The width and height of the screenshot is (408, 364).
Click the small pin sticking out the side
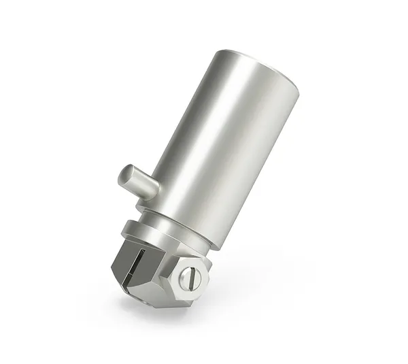(135, 181)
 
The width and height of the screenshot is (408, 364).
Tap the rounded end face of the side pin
(124, 176)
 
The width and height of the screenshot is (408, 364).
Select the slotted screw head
(190, 276)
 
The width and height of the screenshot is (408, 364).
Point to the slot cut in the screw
(191, 276)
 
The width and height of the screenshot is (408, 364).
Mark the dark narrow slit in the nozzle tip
(140, 266)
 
